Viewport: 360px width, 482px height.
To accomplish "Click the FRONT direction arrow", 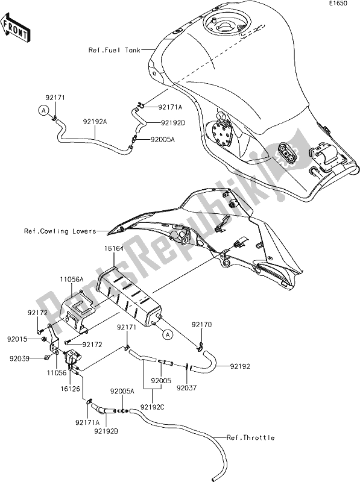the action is coord(15,27).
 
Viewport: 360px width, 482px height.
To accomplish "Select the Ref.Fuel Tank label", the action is coord(115,50).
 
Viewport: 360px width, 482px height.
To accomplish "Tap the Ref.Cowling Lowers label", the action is coord(60,231).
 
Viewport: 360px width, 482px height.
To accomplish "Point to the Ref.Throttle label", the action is coord(250,437).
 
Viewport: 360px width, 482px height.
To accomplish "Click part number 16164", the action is coord(114,248).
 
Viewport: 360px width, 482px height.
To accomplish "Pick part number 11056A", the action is coord(72,279).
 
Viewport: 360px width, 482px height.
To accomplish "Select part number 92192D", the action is coord(172,123).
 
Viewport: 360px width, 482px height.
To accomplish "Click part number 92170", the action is coord(201,325).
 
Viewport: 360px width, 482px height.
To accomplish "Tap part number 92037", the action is coord(186,387).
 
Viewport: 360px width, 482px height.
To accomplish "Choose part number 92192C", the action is coord(153,407).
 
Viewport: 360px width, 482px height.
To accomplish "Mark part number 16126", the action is coord(70,389).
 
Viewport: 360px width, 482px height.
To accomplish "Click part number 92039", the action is coord(19,358).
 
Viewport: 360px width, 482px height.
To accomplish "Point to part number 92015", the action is coord(17,339).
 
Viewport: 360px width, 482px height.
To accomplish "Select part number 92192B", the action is coord(107,431).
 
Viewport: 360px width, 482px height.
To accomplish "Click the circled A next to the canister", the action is coord(168,334).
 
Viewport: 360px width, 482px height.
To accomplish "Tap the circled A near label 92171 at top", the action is coord(43,110).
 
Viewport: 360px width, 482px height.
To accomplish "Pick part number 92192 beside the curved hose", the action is coord(240,366).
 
